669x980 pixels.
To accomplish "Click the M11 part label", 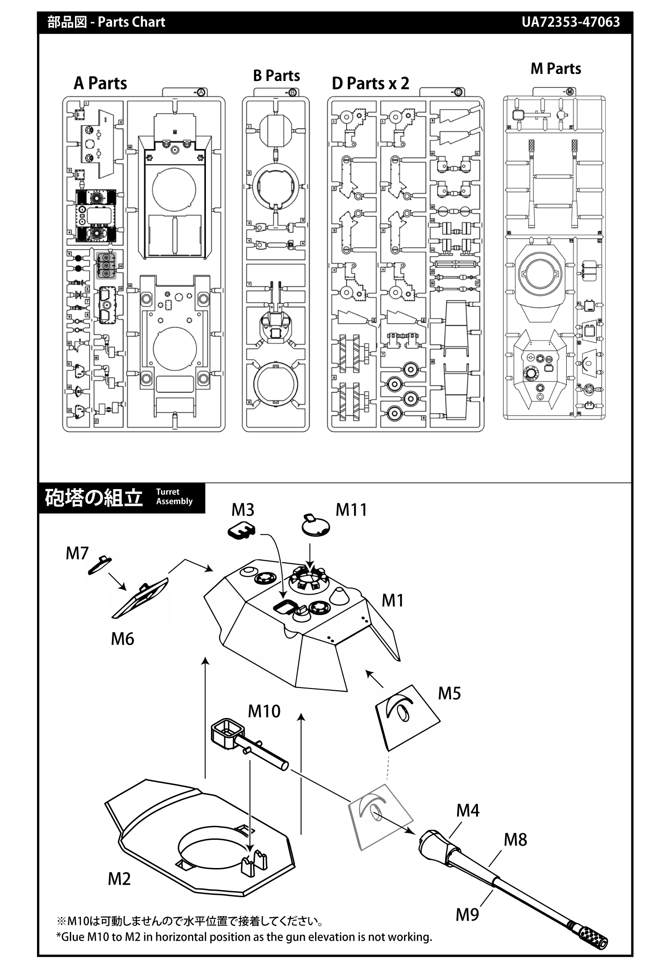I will coord(351,510).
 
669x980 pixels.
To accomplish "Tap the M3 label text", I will coord(243,510).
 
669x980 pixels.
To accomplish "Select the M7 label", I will coord(77,553).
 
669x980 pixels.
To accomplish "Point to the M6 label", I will coord(122,639).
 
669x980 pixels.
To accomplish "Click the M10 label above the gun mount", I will coord(264,711).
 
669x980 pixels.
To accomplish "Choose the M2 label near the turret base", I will coord(119,879).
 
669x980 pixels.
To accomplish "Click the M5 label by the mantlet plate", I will coord(449,694).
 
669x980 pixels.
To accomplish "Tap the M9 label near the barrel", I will coord(467,915).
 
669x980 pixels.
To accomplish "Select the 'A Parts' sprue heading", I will coord(100,83).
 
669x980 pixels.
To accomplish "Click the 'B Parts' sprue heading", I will coord(276,76).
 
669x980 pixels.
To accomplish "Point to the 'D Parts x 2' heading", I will coord(370,83).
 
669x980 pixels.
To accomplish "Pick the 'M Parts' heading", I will coord(556,69).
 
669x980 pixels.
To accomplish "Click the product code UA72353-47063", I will coord(570,22).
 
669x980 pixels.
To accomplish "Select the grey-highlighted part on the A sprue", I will coord(106,266).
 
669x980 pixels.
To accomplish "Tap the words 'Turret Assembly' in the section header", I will coord(174,497).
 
